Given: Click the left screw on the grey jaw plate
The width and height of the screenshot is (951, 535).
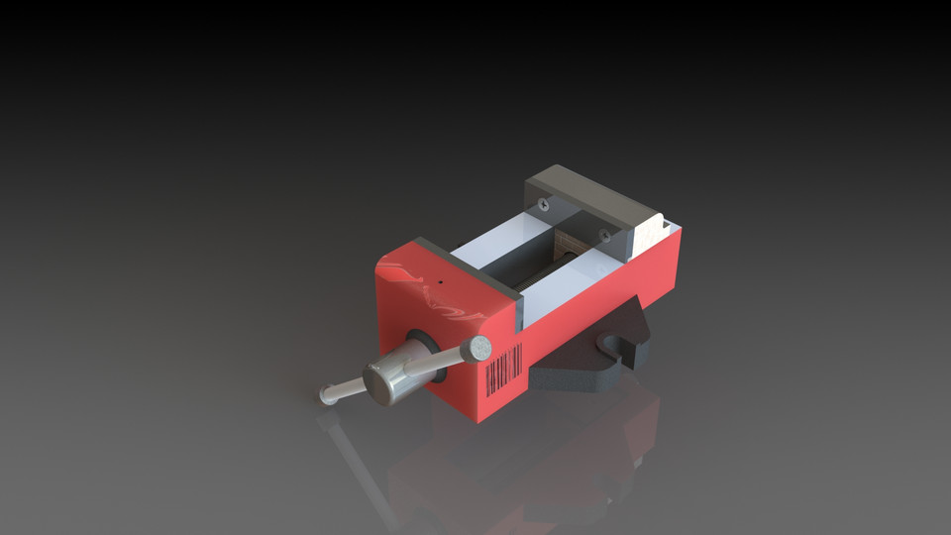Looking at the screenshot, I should (x=543, y=204).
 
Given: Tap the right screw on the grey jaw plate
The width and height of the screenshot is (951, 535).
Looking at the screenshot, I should (x=603, y=235).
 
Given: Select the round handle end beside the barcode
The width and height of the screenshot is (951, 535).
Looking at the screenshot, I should (x=480, y=348).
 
